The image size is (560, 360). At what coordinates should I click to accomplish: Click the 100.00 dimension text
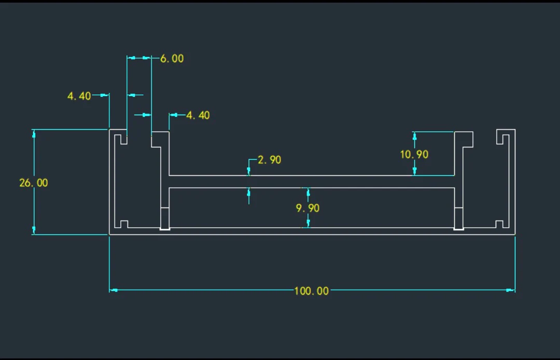pos(311,290)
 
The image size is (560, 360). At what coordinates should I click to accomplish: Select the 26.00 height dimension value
pos(33,183)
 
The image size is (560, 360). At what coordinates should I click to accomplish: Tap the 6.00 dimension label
pos(172,59)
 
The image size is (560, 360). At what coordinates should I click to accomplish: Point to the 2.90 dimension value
pos(269,160)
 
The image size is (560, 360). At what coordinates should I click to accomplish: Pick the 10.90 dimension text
pos(414,154)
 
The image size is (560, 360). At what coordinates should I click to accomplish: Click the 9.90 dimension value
pos(307,208)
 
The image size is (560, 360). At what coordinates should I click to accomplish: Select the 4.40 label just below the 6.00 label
pos(198,115)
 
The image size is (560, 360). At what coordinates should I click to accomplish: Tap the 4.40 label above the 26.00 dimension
pos(79,96)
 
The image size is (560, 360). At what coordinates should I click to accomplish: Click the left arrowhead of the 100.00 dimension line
pos(114,290)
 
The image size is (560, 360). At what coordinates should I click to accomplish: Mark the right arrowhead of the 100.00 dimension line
pos(511,290)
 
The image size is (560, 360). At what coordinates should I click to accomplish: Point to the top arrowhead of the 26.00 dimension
pos(34,134)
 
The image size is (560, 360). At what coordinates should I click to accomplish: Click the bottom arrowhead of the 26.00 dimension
pos(34,230)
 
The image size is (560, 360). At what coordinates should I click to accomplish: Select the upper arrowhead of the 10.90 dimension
pos(414,135)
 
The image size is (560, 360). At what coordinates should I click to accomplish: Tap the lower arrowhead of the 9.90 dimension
pos(308,224)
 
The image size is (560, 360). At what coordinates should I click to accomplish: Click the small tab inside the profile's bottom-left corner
pos(121,224)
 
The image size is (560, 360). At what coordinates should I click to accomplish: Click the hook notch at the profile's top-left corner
pos(121,139)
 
